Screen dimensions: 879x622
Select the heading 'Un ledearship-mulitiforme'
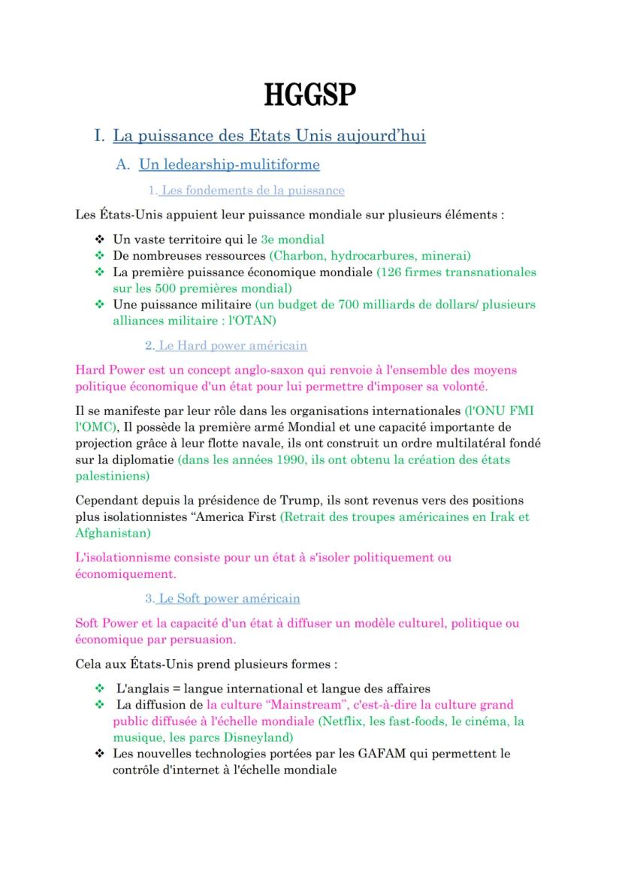click(x=229, y=164)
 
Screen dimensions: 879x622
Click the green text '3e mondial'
click(x=292, y=239)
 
